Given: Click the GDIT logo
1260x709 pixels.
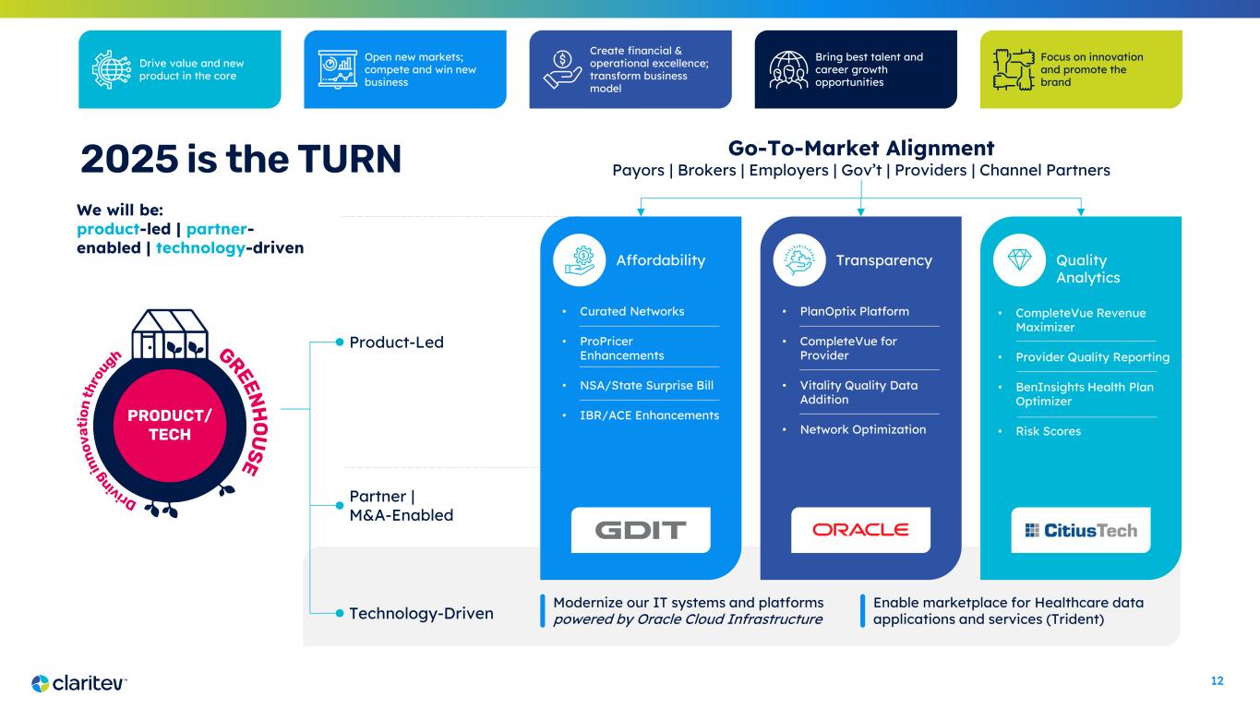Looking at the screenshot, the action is [x=641, y=530].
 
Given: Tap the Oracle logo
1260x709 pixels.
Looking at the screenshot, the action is [x=860, y=530].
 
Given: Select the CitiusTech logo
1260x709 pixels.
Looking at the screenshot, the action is [x=1081, y=530].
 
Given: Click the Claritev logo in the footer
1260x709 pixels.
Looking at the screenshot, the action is [x=78, y=683].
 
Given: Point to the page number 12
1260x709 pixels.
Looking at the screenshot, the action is [x=1217, y=681].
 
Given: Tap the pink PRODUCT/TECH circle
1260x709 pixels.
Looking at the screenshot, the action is [x=169, y=426].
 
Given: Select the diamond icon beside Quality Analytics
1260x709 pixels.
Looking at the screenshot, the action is [x=1019, y=260].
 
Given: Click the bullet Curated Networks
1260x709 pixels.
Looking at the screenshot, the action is [x=631, y=311].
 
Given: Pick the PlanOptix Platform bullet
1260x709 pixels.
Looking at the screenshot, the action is [x=854, y=311].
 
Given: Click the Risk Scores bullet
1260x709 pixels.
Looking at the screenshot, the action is [x=1048, y=431].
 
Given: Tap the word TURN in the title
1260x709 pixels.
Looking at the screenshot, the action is [x=349, y=159].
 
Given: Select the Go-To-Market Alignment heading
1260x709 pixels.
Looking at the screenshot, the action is [x=861, y=148].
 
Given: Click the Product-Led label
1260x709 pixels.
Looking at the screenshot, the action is [x=396, y=342].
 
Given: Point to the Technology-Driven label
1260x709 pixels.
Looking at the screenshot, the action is [x=421, y=613].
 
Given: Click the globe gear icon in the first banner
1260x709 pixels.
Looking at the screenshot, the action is [x=112, y=69].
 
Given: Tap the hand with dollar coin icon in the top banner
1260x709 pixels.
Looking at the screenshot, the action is [x=562, y=69].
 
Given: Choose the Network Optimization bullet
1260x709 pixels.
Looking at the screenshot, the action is [x=862, y=429].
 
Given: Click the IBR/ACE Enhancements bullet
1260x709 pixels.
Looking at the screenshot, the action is [x=649, y=415].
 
